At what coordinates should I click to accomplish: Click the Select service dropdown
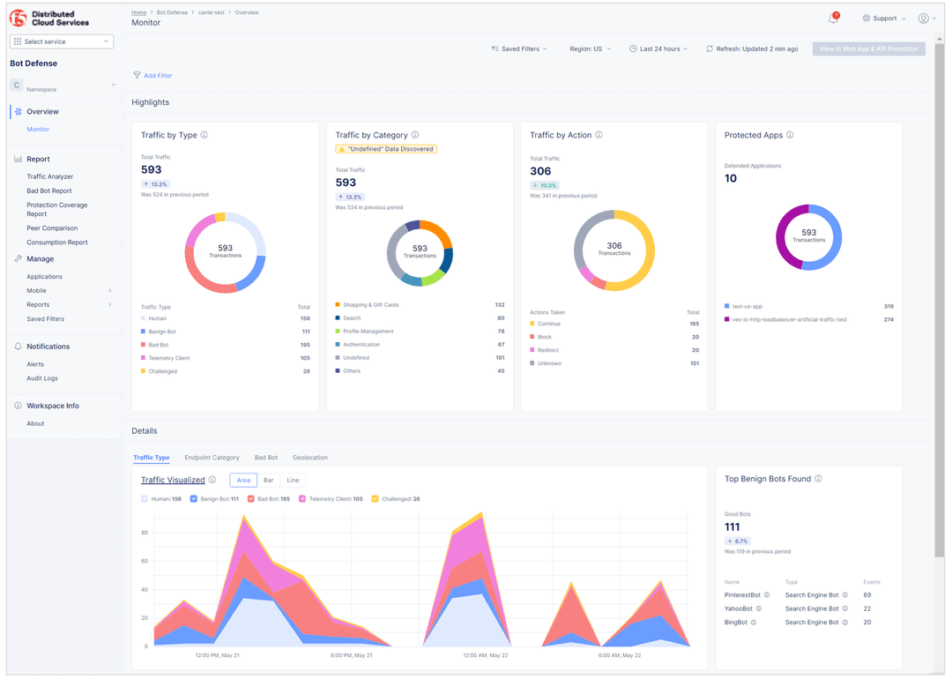[x=62, y=41]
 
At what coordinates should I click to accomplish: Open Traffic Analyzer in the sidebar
[x=50, y=176]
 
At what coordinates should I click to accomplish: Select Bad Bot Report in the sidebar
[x=49, y=190]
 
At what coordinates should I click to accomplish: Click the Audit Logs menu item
[x=42, y=378]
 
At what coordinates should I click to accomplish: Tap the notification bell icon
[x=833, y=19]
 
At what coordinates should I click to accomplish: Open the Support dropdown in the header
[x=883, y=19]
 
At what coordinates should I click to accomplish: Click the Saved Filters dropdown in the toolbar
[x=519, y=49]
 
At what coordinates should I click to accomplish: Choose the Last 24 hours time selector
[x=658, y=49]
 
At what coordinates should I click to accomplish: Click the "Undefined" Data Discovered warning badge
[x=386, y=149]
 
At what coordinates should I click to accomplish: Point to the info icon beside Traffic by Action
[x=599, y=135]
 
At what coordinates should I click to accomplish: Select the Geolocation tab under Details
[x=309, y=458]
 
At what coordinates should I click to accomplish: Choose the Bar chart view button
[x=268, y=481]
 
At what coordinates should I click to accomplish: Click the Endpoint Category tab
[x=212, y=458]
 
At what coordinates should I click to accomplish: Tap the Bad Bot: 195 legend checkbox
[x=251, y=499]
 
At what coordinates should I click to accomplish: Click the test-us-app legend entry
[x=747, y=306]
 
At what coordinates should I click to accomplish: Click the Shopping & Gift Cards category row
[x=370, y=305]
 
